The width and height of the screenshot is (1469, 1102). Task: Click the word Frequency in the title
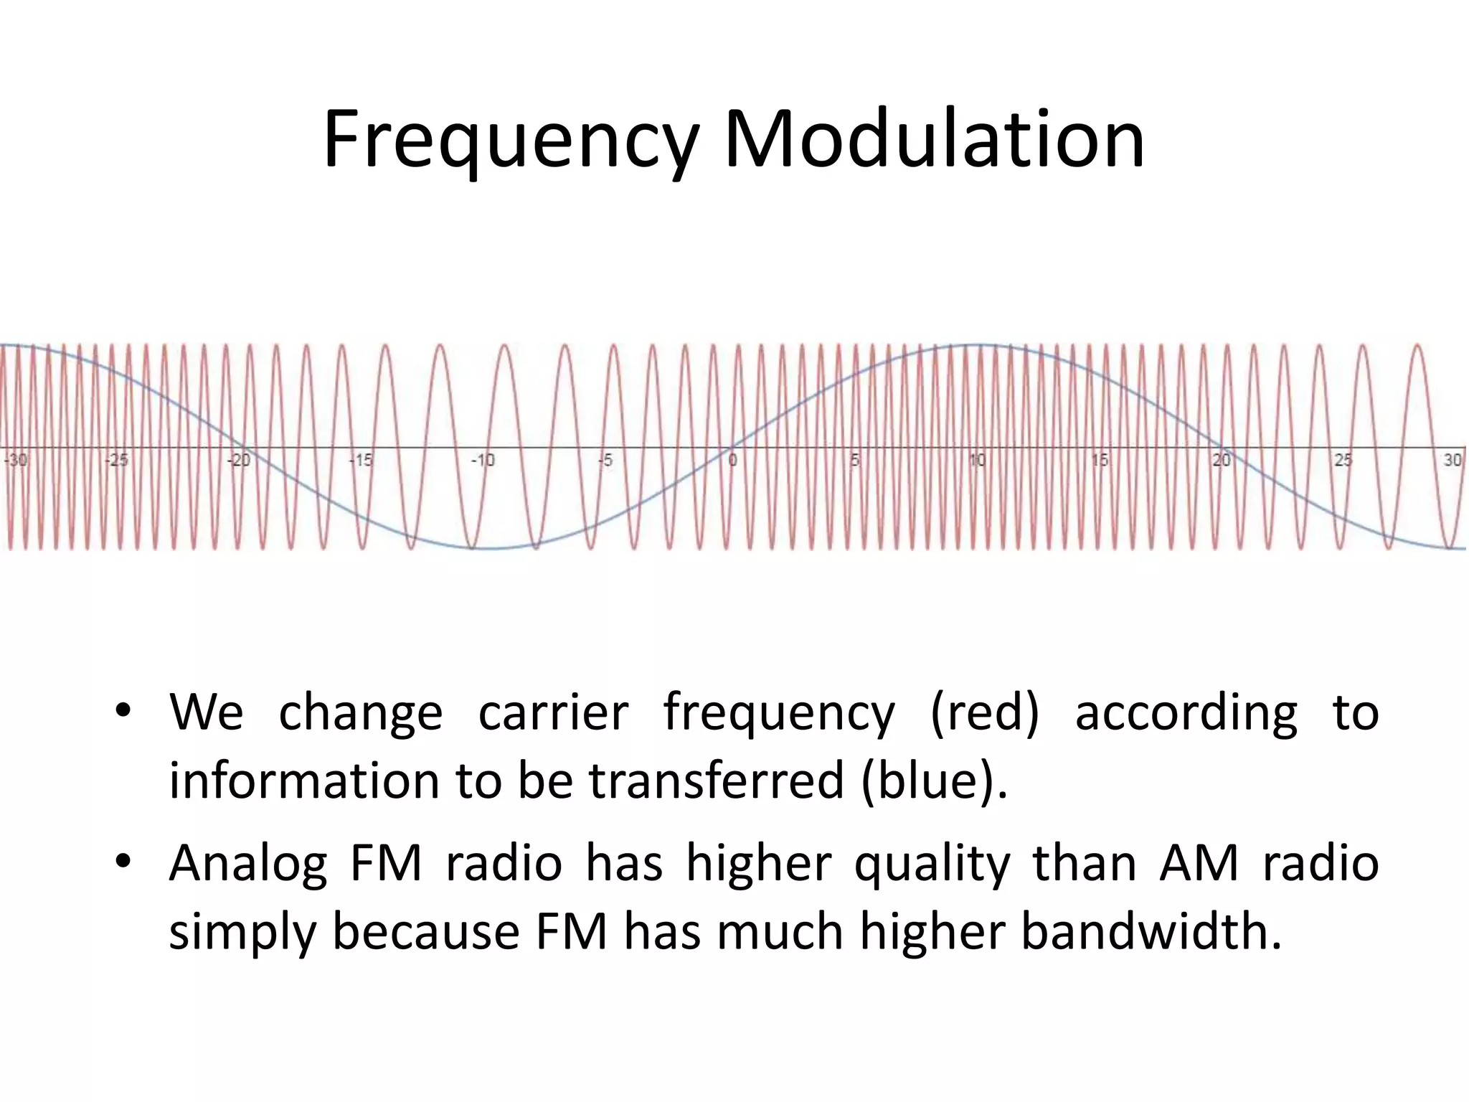pyautogui.click(x=510, y=140)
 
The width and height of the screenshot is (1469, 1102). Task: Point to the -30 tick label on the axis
pyautogui.click(x=16, y=460)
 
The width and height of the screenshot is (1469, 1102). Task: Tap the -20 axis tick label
pyautogui.click(x=239, y=460)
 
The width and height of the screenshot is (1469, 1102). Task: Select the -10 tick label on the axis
pyautogui.click(x=483, y=460)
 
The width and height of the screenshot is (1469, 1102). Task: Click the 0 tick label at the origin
pyautogui.click(x=732, y=460)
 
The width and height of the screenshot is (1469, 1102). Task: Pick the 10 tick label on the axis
pyautogui.click(x=977, y=460)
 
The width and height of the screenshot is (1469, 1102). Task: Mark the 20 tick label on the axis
pyautogui.click(x=1221, y=460)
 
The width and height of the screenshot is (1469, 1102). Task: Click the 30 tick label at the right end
pyautogui.click(x=1452, y=460)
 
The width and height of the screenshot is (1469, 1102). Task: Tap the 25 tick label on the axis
pyautogui.click(x=1343, y=460)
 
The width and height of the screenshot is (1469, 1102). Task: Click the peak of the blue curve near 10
pyautogui.click(x=977, y=346)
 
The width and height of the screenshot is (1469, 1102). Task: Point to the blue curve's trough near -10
pyautogui.click(x=488, y=549)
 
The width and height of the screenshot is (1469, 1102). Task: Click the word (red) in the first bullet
pyautogui.click(x=984, y=713)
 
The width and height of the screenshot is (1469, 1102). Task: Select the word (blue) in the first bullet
pyautogui.click(x=934, y=781)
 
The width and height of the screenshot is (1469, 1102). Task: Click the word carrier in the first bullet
pyautogui.click(x=553, y=713)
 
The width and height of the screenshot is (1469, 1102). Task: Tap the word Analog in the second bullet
pyautogui.click(x=248, y=864)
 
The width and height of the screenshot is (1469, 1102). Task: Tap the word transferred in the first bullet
pyautogui.click(x=717, y=781)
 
